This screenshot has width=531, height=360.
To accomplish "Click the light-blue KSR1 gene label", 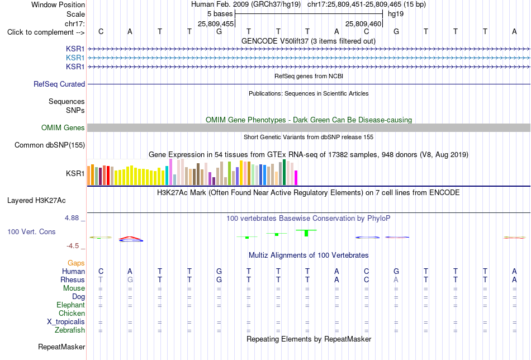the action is point(75,58).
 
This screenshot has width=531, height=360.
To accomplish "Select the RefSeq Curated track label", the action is point(59,84).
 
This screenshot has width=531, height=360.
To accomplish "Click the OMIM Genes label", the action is point(63,127).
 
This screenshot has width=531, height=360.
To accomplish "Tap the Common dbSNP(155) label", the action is point(50,145).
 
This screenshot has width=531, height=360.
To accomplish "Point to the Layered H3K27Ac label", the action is point(36,201).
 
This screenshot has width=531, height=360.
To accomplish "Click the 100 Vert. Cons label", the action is point(31,231).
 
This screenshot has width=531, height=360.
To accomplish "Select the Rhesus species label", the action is point(73,280).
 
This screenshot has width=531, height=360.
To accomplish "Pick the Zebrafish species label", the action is point(70,330).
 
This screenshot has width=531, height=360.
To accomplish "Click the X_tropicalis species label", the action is point(66,322).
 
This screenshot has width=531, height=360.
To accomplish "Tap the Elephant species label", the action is point(71,305).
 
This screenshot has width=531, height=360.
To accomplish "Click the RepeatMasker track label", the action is point(61,347).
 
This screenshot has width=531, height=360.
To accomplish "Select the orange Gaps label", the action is point(76,263).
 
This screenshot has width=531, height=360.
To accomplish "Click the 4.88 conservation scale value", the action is point(72,218).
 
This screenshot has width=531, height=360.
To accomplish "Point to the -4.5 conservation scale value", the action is point(73,245).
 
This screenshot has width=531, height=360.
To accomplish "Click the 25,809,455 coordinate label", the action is point(216,23).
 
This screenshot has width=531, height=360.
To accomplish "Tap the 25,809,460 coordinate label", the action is point(363,23).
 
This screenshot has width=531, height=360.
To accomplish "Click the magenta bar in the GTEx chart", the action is point(296,178).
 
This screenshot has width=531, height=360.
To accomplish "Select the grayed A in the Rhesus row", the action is point(396,280).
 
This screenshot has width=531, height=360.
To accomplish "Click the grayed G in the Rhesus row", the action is point(130,280).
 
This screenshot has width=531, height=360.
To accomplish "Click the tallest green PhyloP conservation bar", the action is point(306,233).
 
